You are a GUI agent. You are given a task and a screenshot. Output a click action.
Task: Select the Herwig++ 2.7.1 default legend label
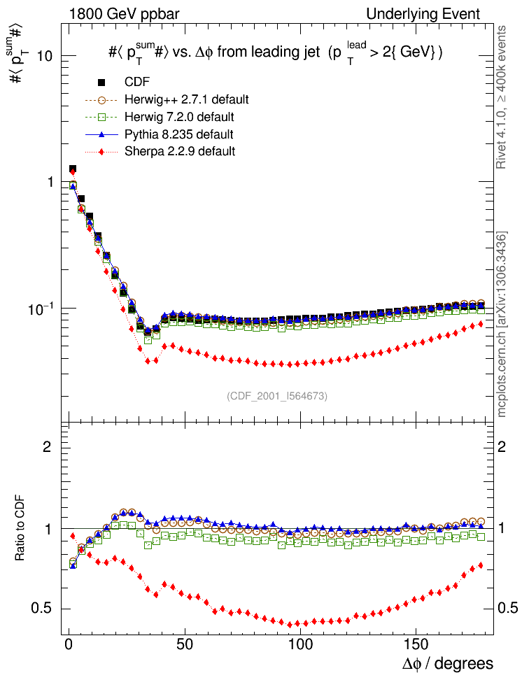[186, 99]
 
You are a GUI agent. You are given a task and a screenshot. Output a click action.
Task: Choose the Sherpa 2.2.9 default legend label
[179, 150]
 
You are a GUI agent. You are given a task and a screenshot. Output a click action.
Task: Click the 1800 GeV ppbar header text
[115, 14]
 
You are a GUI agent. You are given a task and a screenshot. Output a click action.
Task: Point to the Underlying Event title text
[423, 14]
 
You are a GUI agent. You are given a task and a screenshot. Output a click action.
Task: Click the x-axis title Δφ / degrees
[447, 663]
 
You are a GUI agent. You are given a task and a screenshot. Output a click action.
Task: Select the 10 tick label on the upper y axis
[47, 56]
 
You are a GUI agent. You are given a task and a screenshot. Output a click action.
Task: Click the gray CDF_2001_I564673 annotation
[277, 396]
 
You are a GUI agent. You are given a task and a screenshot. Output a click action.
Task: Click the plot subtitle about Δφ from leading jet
[276, 52]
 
